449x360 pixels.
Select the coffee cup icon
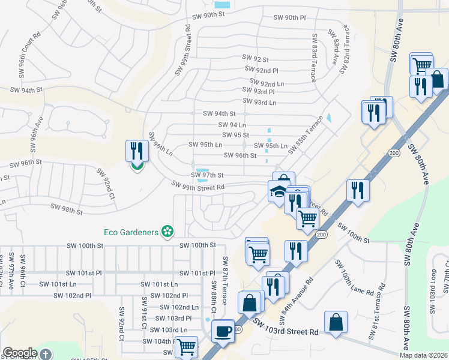[x=223, y=331]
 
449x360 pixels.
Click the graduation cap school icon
[x=277, y=192]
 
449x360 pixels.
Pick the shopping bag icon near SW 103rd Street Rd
[x=336, y=322]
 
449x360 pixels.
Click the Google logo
[x=20, y=353]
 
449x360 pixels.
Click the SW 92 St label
[x=255, y=58]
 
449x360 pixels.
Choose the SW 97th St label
[x=207, y=175]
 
